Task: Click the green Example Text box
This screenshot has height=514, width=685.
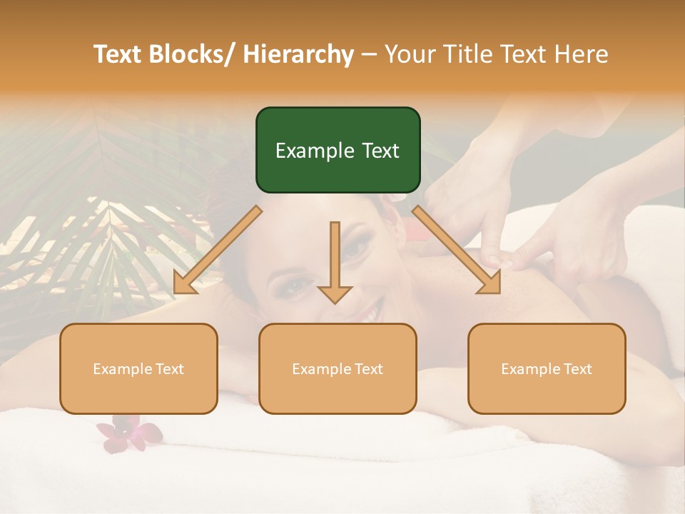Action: [338, 150]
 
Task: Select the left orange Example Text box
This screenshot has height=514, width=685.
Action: [138, 368]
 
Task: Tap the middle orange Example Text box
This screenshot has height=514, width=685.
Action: [338, 368]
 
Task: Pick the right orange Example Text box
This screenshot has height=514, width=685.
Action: [547, 368]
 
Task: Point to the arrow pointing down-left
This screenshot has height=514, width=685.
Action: [218, 250]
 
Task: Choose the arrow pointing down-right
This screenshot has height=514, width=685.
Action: [457, 250]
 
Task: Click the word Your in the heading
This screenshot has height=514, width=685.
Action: [408, 55]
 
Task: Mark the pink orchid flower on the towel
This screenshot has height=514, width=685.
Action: [128, 433]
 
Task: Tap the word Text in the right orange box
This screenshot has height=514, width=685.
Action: [577, 368]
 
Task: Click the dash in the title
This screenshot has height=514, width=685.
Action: [369, 55]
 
